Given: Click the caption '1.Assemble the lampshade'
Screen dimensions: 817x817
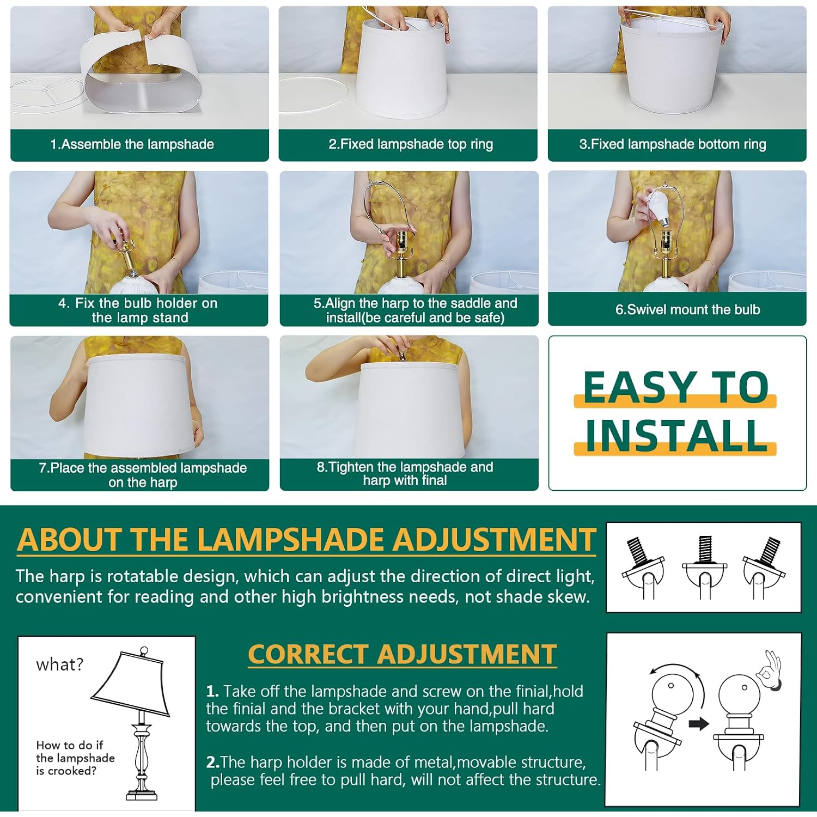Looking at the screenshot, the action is tap(132, 144).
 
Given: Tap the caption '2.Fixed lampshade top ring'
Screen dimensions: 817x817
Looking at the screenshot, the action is tap(411, 144).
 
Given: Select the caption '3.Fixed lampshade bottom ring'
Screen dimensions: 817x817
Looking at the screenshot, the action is tap(673, 144).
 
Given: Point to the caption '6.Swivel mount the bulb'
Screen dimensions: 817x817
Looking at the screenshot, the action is tap(687, 309).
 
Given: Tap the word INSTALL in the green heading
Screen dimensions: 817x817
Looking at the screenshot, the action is tap(676, 436).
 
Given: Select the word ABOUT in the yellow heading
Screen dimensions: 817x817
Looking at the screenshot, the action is tap(71, 540).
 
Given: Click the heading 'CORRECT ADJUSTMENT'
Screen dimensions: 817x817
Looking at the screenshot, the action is tap(402, 654).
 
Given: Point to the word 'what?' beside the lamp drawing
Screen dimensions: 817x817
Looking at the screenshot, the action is tap(60, 664).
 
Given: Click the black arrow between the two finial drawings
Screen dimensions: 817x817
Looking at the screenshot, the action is tap(699, 724).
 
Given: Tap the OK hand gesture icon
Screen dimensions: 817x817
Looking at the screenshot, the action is tap(770, 670).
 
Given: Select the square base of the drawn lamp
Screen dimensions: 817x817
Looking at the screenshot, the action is tap(142, 795).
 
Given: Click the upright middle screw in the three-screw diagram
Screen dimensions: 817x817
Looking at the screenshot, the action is tap(705, 548).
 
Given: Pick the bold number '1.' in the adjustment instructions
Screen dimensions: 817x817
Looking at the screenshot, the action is tap(212, 691).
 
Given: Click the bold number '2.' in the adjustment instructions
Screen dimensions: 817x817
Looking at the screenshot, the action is tap(212, 762).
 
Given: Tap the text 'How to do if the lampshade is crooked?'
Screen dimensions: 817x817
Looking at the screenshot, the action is tap(75, 758).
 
